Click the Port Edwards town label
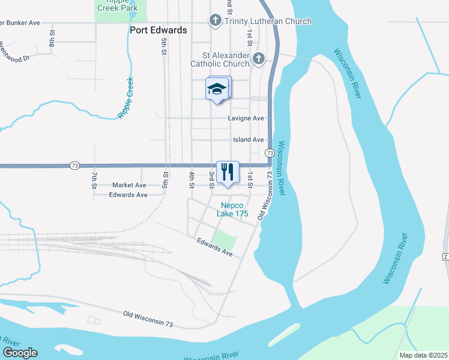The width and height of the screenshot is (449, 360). click(158, 30)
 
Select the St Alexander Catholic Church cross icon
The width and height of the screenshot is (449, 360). click(258, 58)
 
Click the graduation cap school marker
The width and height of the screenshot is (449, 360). click(216, 89)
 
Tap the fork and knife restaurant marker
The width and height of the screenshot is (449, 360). click(227, 172)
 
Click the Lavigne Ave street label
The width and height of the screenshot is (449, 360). click(246, 118)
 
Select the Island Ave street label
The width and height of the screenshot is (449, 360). click(249, 140)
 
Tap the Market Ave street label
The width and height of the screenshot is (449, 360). click(129, 185)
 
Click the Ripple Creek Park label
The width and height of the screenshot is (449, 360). click(116, 5)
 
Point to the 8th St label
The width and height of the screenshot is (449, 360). click(52, 38)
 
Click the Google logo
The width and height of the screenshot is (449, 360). click(20, 353)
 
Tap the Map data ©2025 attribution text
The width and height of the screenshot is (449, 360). click(423, 355)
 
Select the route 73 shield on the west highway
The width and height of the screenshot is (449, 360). click(74, 166)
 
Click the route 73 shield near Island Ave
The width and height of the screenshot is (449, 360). click(270, 154)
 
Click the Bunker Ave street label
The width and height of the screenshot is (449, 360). click(20, 23)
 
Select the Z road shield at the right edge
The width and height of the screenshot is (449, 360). click(446, 257)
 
